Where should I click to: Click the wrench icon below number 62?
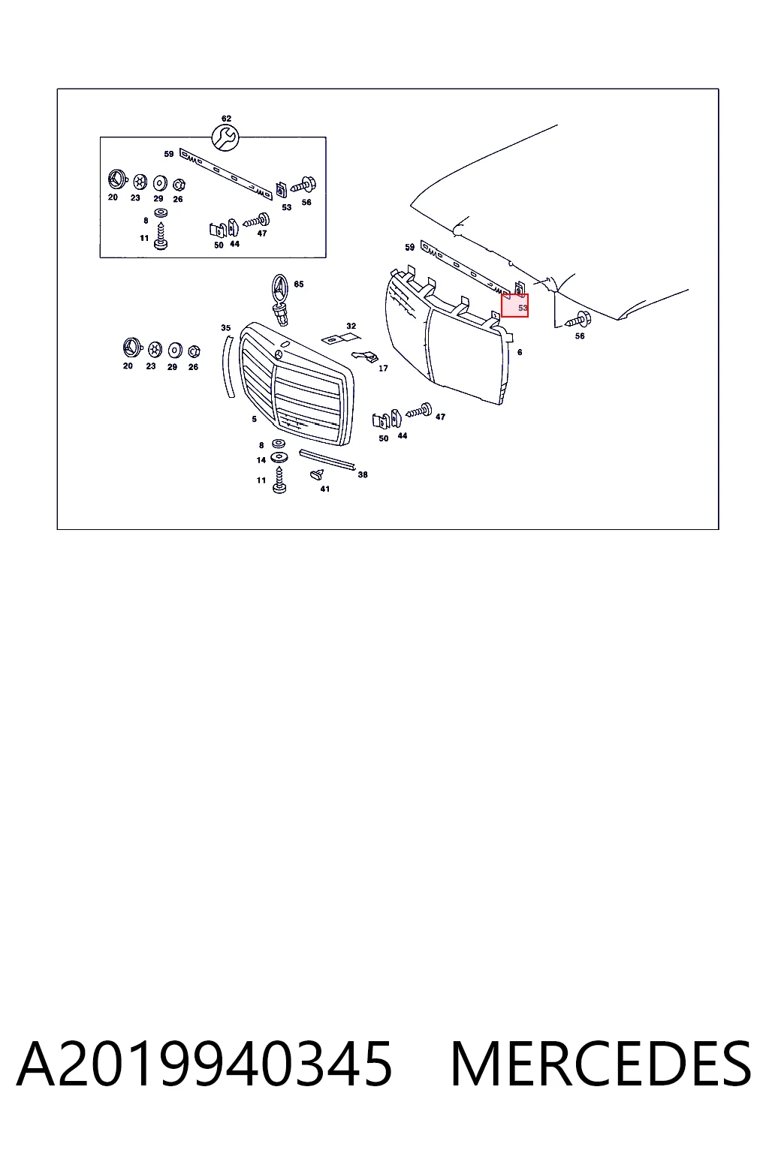point(225,137)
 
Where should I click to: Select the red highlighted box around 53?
point(514,306)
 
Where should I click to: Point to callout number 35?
point(225,328)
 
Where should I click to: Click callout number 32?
point(351,326)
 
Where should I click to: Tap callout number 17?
point(383,368)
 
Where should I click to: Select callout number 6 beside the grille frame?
point(520,352)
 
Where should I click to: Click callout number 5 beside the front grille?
point(254,419)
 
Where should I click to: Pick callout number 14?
point(261,459)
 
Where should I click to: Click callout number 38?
point(363,474)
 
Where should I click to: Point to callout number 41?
point(324,489)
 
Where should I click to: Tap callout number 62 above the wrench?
point(226,119)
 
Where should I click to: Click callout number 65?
point(299,284)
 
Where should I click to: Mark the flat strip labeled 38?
point(327,459)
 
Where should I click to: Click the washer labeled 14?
point(279,457)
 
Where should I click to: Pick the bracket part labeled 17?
point(366,356)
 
